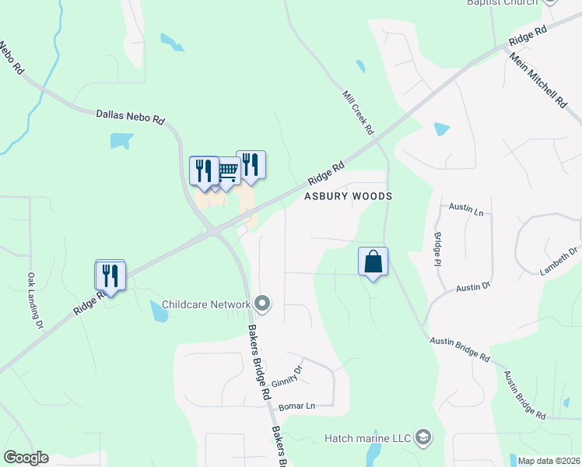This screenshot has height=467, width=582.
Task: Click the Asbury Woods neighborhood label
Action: tap(347, 196)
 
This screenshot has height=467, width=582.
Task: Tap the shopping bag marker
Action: tap(373, 263)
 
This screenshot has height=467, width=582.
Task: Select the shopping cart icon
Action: tap(227, 171)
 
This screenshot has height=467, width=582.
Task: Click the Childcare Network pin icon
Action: tap(262, 304)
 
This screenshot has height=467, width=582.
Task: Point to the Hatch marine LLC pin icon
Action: tap(423, 438)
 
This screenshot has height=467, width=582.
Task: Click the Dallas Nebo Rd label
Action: tap(130, 117)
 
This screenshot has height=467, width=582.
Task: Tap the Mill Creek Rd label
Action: tap(359, 111)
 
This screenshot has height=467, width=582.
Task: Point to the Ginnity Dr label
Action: tap(286, 379)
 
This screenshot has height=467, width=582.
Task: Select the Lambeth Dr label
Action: tap(559, 262)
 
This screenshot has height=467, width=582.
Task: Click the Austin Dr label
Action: tap(473, 287)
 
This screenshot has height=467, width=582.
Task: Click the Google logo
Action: tap(26, 458)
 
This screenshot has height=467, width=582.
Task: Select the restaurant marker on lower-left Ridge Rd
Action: tap(110, 276)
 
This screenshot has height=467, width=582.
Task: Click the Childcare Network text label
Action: tap(206, 304)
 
